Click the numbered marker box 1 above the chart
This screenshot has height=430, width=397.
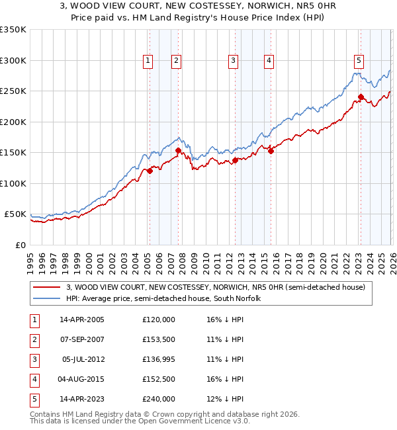(147, 61)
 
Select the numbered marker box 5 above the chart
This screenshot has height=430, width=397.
(359, 61)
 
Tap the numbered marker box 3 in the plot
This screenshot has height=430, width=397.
(234, 61)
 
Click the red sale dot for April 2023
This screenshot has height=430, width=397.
(361, 97)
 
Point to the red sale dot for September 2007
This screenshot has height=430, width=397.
(178, 151)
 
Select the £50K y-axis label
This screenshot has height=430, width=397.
(15, 214)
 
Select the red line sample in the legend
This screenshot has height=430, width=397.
(47, 287)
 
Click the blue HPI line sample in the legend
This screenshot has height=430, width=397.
(47, 298)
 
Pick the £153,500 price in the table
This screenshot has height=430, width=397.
(159, 339)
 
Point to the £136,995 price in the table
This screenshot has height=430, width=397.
(159, 359)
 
